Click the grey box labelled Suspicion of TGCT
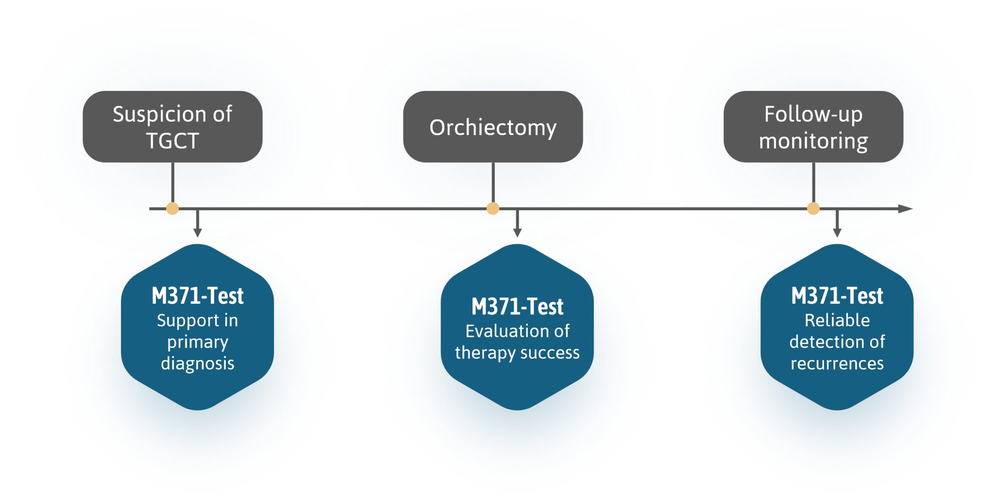click(172, 127)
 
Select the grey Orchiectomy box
click(493, 127)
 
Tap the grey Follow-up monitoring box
click(813, 127)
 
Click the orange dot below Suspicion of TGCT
click(172, 208)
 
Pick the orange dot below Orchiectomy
click(493, 208)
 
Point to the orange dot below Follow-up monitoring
click(813, 208)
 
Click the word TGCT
click(172, 141)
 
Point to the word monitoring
click(813, 141)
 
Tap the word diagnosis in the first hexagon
click(198, 364)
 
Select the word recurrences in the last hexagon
click(837, 364)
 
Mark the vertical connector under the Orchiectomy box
click(493, 182)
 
